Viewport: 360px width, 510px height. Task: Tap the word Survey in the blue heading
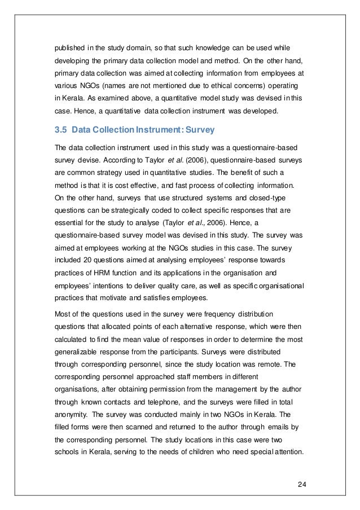199,130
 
